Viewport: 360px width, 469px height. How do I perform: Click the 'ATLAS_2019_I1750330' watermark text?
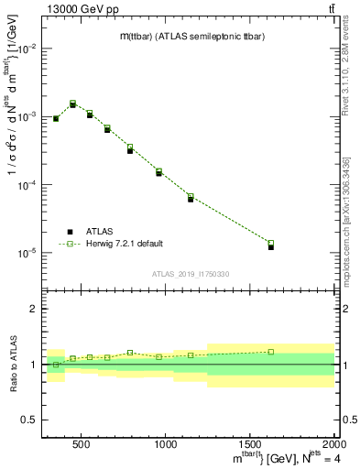(190, 274)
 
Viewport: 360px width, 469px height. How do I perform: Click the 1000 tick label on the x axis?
(166, 444)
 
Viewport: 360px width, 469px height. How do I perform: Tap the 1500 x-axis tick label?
(250, 444)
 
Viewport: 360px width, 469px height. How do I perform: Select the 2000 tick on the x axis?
(333, 444)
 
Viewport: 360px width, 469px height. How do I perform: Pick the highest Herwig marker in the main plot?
(73, 104)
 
